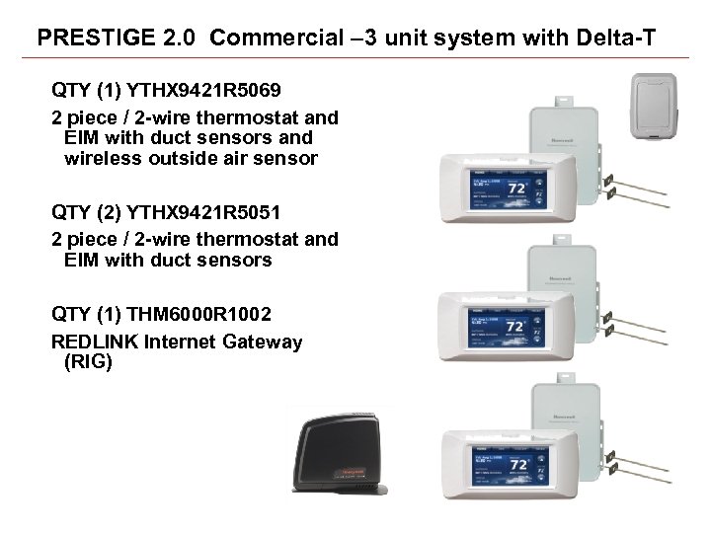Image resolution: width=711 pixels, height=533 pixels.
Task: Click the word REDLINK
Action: [94, 342]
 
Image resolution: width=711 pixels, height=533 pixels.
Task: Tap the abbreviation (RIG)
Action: [88, 362]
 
